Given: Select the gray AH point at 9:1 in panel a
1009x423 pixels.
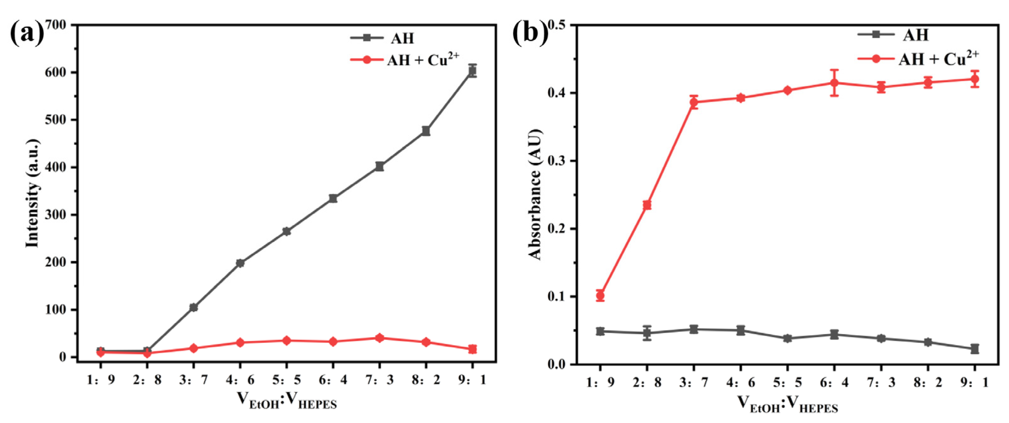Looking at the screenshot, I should pyautogui.click(x=472, y=71).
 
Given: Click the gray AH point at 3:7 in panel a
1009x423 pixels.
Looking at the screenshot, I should pyautogui.click(x=193, y=307).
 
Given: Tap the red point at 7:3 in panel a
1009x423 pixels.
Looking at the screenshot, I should pyautogui.click(x=379, y=338).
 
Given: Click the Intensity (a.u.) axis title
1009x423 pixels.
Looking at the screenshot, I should pyautogui.click(x=33, y=193).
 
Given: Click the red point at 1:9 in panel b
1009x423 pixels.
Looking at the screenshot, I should pyautogui.click(x=600, y=296).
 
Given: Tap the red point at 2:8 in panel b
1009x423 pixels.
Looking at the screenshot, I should pyautogui.click(x=647, y=205).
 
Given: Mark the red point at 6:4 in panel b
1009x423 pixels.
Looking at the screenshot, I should pyautogui.click(x=834, y=83).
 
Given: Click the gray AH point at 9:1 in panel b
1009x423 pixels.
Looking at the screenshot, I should pyautogui.click(x=974, y=348).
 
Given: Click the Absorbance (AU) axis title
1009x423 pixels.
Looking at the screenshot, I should pyautogui.click(x=535, y=194).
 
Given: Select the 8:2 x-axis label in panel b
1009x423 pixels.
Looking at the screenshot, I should pyautogui.click(x=928, y=382).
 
